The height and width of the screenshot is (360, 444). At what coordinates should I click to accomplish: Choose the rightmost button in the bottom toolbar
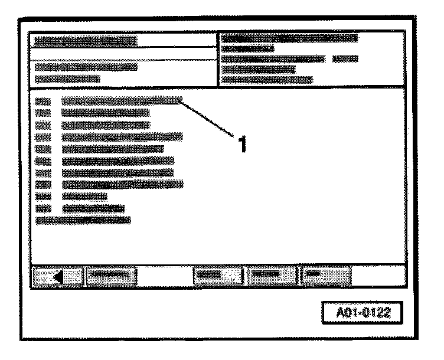pos(327,276)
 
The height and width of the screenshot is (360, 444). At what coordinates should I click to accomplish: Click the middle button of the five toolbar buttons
pos(216,276)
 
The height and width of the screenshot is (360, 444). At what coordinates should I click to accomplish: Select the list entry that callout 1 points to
pos(121,102)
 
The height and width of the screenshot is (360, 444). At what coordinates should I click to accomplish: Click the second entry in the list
pos(105,113)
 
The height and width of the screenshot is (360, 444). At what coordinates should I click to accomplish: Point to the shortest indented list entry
pos(84,196)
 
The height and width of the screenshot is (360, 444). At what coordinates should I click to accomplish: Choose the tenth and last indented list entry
pos(93,208)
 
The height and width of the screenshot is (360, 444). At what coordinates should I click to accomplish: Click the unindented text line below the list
pos(83,220)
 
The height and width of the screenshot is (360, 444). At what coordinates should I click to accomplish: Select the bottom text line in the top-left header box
pos(67,79)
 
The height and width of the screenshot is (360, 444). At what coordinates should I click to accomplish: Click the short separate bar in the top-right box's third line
pos(345,59)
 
